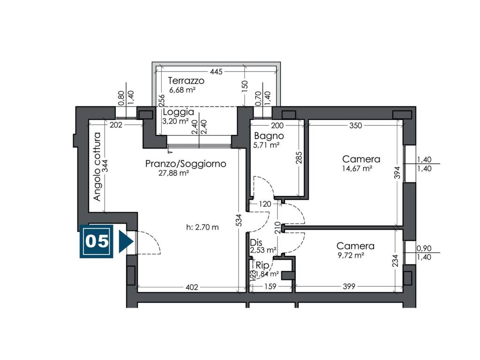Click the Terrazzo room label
pos(186,81)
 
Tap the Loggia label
pos(178,112)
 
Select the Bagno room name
pos(269,135)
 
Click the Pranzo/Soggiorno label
pos(186,164)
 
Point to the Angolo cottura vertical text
pos(97,166)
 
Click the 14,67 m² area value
pos(357,168)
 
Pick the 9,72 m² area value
pos(351,255)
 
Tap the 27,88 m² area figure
pos(173,173)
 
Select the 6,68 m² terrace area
pos(182,90)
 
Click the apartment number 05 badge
pos(97,241)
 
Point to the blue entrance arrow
pos(126,241)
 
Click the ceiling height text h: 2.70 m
pos(202,227)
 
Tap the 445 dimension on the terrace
pos(216,72)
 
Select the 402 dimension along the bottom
pos(192,287)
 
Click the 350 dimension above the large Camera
pos(355,125)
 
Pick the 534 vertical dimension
pos(240,220)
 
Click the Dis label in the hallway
pos(256,243)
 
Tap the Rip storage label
pos(262,265)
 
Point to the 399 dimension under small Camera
pos(349,286)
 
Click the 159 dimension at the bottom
pos(270,286)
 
